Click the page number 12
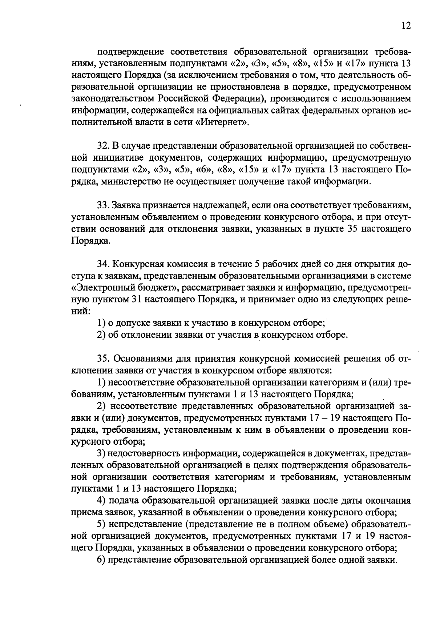406,26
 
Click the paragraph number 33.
103,205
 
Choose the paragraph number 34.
103,264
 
